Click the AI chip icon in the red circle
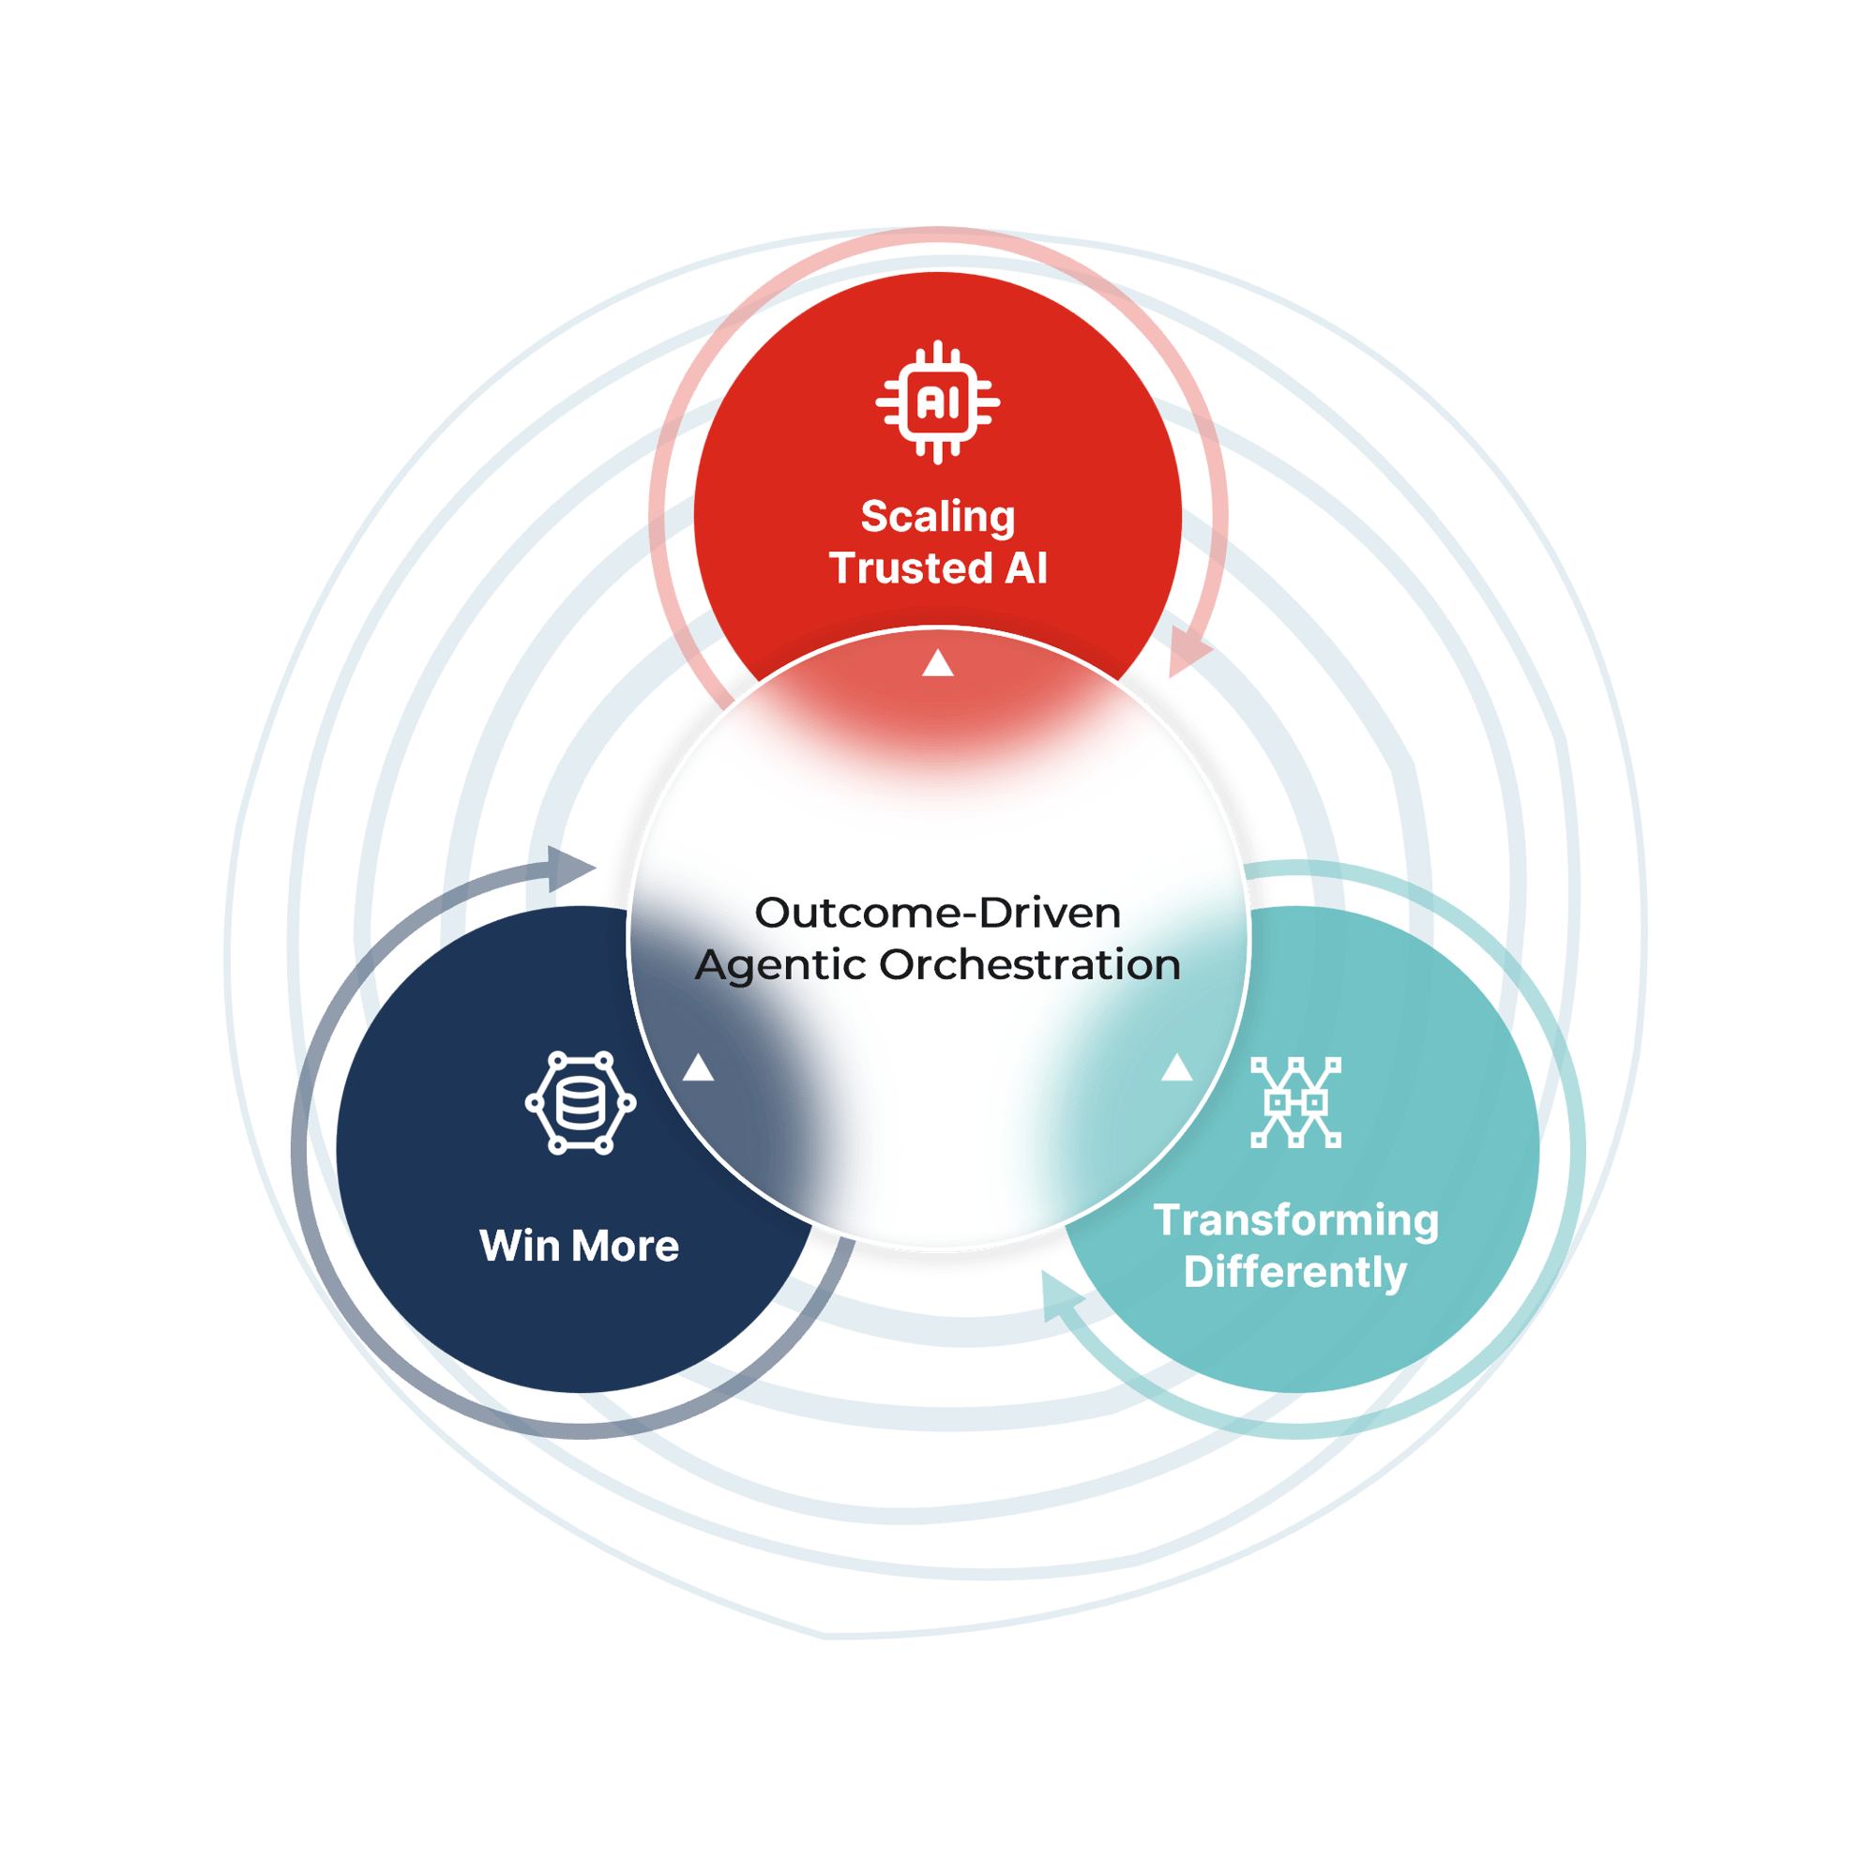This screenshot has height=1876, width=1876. [x=937, y=402]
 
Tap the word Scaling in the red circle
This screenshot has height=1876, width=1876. [x=937, y=518]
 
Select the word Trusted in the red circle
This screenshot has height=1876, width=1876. [x=911, y=569]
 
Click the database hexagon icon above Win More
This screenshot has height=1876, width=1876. [x=581, y=1102]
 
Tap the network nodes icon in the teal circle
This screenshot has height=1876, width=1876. [x=1295, y=1102]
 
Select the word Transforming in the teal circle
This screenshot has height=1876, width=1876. [x=1295, y=1220]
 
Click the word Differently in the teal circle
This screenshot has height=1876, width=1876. [x=1295, y=1272]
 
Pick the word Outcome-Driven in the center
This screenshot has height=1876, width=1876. [x=937, y=913]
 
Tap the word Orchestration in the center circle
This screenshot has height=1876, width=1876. [x=1029, y=965]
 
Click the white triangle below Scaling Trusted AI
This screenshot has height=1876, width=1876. [x=937, y=663]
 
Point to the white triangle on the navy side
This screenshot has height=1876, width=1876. [x=698, y=1069]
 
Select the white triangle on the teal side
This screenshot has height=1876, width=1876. [x=1177, y=1068]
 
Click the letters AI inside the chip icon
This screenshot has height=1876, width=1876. [x=937, y=403]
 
